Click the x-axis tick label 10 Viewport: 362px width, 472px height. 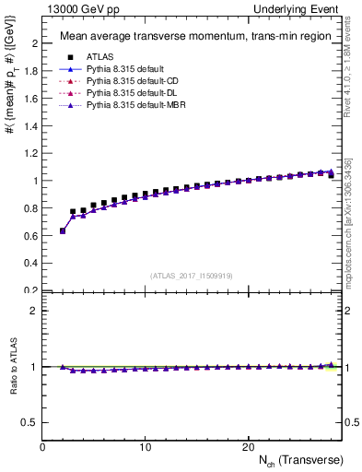point(146,446)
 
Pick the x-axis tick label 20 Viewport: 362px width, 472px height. point(248,446)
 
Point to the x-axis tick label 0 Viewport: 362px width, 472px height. point(43,446)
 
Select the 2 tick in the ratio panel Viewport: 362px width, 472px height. point(35,310)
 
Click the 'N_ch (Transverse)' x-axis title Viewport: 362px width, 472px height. point(300,459)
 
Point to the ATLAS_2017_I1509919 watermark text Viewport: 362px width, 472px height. point(192,276)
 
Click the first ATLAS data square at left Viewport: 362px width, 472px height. point(63,230)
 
